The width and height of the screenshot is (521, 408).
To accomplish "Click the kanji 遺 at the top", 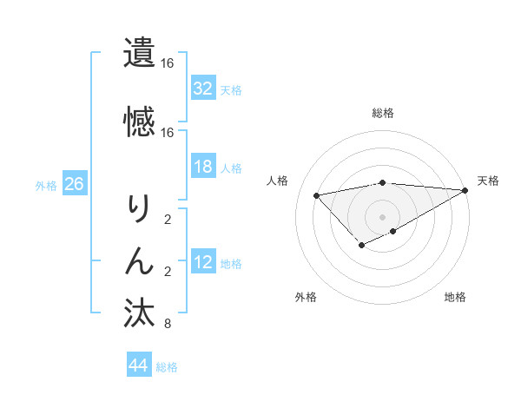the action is point(139,52).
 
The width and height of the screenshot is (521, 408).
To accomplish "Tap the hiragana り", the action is point(139,208).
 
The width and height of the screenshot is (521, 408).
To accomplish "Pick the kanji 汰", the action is point(139,313).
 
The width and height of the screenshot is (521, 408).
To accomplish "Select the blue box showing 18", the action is point(202,167).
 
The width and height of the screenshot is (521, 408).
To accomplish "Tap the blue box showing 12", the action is point(202,262).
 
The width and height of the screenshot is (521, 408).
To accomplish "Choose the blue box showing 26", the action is point(74,184).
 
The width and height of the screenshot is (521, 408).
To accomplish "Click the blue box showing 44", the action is point(138,365).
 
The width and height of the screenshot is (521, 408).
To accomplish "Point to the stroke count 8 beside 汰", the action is point(167,325).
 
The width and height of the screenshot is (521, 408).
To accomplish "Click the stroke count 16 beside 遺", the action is point(167,64).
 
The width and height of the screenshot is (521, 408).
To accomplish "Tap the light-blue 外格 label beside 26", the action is point(46,185).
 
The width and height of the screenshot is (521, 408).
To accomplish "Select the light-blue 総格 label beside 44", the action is point(167,367).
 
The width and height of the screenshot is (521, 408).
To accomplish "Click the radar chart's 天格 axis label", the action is point(488,181).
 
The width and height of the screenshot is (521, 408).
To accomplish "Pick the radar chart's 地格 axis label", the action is point(455,297).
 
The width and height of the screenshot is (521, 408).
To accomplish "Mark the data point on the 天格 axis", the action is point(465,190).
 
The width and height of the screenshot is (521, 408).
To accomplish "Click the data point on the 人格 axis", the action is point(316,194).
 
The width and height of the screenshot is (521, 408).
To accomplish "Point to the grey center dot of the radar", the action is point(383,216).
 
